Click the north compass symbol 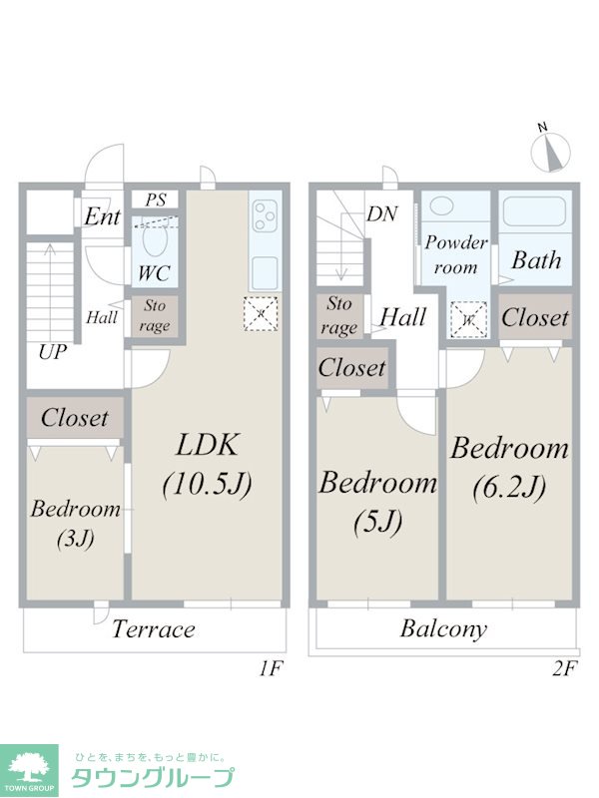[x=550, y=152]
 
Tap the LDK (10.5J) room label [x=208, y=464]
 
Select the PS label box [x=156, y=199]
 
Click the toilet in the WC [x=155, y=239]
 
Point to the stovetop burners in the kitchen [x=265, y=215]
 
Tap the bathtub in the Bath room [x=535, y=211]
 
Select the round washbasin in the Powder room [x=441, y=206]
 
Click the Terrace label [x=154, y=629]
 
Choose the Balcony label [x=443, y=629]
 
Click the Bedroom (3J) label [x=76, y=523]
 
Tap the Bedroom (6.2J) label [x=509, y=467]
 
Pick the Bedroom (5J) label [x=378, y=502]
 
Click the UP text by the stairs [x=53, y=352]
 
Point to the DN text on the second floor [x=382, y=213]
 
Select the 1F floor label [x=270, y=668]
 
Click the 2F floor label [x=563, y=668]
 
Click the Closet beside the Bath [x=535, y=317]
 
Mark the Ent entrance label [x=103, y=216]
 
